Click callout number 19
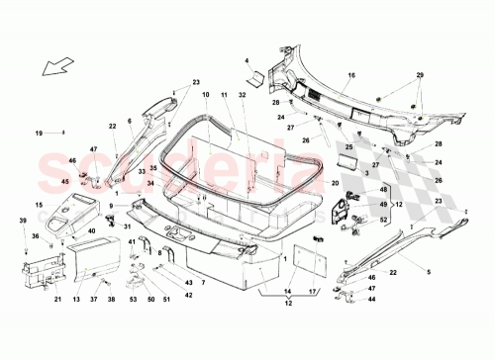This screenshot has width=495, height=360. click(40, 133)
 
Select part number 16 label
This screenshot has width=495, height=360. click(350, 75)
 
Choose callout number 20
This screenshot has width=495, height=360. click(336, 184)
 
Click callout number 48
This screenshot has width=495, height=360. click(384, 190)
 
